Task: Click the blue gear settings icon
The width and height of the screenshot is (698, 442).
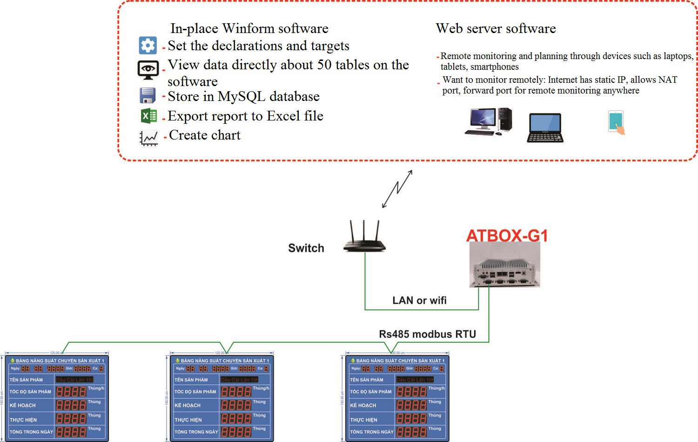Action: [148, 46]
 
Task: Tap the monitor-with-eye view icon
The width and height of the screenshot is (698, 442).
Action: [148, 69]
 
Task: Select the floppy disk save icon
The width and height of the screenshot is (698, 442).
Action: [148, 95]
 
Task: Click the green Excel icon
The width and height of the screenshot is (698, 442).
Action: [148, 115]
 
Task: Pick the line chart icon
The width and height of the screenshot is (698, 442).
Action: [148, 138]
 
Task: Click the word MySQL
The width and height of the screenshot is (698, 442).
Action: [242, 97]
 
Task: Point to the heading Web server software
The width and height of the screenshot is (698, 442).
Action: [496, 28]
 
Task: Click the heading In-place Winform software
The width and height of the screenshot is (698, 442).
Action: [249, 28]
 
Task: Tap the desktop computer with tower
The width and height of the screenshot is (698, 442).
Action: [488, 121]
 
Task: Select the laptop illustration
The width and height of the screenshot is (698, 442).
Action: [545, 127]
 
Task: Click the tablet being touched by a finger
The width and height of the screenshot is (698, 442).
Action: [616, 122]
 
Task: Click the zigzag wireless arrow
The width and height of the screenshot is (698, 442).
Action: [397, 188]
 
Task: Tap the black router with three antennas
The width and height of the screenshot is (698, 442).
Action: [364, 237]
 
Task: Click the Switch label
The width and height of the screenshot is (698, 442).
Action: [306, 248]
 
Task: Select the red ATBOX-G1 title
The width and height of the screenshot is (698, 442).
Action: [507, 235]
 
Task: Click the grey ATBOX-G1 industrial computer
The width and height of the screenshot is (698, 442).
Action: [504, 265]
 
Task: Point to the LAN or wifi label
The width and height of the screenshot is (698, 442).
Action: [419, 301]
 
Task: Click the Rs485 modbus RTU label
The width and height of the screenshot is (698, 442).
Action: [427, 334]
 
